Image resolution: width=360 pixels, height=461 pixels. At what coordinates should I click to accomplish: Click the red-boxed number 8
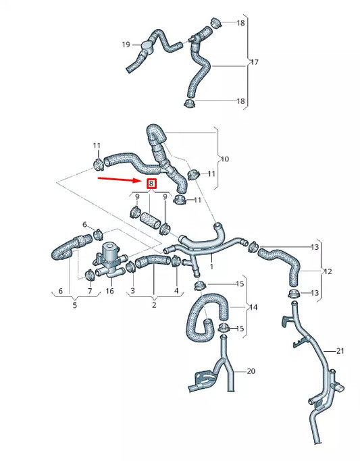(152, 184)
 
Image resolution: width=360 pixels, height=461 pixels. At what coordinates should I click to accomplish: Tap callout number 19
(126, 45)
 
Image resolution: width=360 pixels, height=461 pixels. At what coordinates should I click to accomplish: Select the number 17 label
(255, 62)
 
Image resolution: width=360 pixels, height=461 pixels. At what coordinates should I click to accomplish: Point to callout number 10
(224, 159)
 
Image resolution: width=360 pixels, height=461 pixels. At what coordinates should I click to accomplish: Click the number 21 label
(340, 350)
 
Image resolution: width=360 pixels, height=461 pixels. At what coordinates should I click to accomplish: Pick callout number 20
(251, 371)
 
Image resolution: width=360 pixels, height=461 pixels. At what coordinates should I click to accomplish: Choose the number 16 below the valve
(109, 291)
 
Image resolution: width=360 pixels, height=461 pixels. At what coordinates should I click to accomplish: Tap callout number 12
(328, 272)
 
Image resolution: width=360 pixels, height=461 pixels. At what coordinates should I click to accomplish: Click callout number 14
(254, 307)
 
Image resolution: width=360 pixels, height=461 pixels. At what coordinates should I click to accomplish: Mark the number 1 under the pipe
(211, 267)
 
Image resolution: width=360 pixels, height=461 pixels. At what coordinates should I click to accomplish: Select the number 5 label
(75, 304)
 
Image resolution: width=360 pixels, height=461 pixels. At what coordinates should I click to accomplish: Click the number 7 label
(90, 291)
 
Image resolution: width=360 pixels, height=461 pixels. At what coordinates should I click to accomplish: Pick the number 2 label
(154, 304)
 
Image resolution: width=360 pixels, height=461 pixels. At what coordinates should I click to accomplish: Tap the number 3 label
(133, 291)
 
